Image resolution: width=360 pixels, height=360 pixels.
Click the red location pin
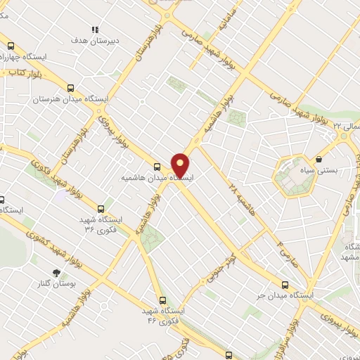[181, 165]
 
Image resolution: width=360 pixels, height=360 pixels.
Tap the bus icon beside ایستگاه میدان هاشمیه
[157, 167]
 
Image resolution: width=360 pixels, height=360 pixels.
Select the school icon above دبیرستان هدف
[95, 30]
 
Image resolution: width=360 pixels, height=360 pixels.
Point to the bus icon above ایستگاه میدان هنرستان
[70, 89]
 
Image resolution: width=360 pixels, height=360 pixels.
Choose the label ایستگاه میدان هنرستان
[70, 100]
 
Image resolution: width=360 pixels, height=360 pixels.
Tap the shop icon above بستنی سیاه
[319, 160]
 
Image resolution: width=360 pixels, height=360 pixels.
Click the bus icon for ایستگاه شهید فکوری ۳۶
[101, 209]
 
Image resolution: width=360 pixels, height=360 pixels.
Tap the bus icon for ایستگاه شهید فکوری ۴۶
[162, 300]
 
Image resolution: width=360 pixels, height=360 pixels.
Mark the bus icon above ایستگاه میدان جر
[285, 285]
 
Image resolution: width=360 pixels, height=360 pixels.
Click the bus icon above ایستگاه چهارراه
[9, 46]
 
